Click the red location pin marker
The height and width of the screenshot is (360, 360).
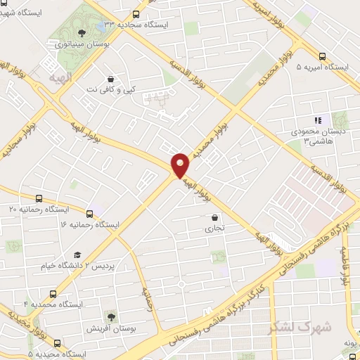(x=181, y=164)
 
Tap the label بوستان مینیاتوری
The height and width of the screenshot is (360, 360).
(x=82, y=44)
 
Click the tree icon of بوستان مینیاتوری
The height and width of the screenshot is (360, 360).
(x=82, y=32)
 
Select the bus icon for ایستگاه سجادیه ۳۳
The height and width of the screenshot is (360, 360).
(x=136, y=13)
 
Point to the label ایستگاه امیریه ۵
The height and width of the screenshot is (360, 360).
(x=323, y=67)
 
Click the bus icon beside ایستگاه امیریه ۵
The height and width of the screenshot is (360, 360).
(x=323, y=56)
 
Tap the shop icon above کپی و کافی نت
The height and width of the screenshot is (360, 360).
(x=110, y=79)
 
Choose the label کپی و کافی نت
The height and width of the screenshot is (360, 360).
(x=110, y=91)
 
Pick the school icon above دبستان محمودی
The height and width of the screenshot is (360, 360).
(x=317, y=120)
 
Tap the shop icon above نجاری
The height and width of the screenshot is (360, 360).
(x=214, y=217)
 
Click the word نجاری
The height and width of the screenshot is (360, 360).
(x=214, y=229)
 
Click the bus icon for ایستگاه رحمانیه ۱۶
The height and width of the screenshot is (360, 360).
(x=89, y=214)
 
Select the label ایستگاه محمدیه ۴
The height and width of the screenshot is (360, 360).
(x=53, y=304)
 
